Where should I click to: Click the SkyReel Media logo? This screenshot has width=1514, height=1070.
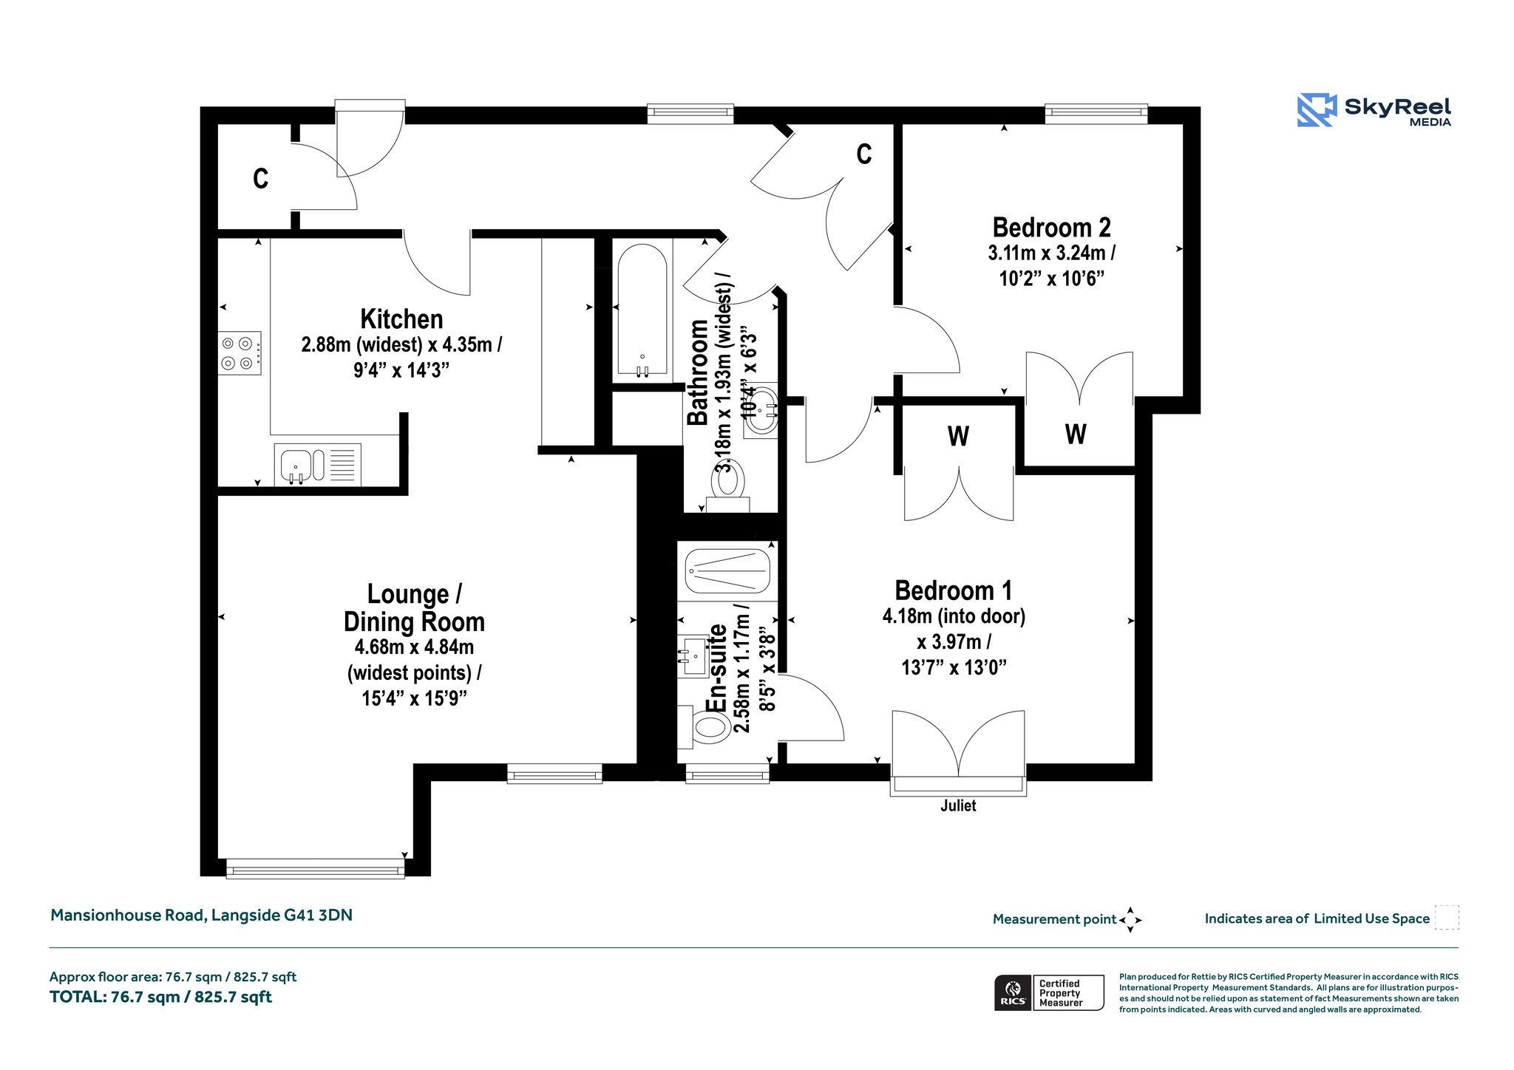[x=1374, y=110]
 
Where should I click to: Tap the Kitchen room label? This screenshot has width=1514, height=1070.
[x=401, y=319]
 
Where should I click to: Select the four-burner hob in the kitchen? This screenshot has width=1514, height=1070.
[x=240, y=352]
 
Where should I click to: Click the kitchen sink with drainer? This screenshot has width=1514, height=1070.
[x=317, y=465]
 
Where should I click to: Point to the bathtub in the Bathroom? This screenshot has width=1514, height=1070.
[x=642, y=310]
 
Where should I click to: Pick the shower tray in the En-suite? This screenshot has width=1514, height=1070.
[x=727, y=570]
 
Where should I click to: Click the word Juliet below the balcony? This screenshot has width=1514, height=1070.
[x=958, y=805]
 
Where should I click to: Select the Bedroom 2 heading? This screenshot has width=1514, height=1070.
[x=1051, y=228]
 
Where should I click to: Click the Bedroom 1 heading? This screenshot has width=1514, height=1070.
[x=953, y=590]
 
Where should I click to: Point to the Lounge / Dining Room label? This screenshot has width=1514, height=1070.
[x=414, y=607]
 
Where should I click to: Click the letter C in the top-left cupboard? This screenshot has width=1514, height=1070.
[x=260, y=178]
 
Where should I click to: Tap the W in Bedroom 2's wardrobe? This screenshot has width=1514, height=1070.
[x=1076, y=434]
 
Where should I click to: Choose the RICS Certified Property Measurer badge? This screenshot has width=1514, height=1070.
[x=1049, y=992]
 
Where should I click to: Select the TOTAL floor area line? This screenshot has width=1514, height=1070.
[x=160, y=997]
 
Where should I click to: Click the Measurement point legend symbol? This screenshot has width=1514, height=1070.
[x=1130, y=920]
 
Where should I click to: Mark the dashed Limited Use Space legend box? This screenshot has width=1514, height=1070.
[x=1447, y=917]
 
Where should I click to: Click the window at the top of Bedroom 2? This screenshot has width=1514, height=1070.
[x=1096, y=113]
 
